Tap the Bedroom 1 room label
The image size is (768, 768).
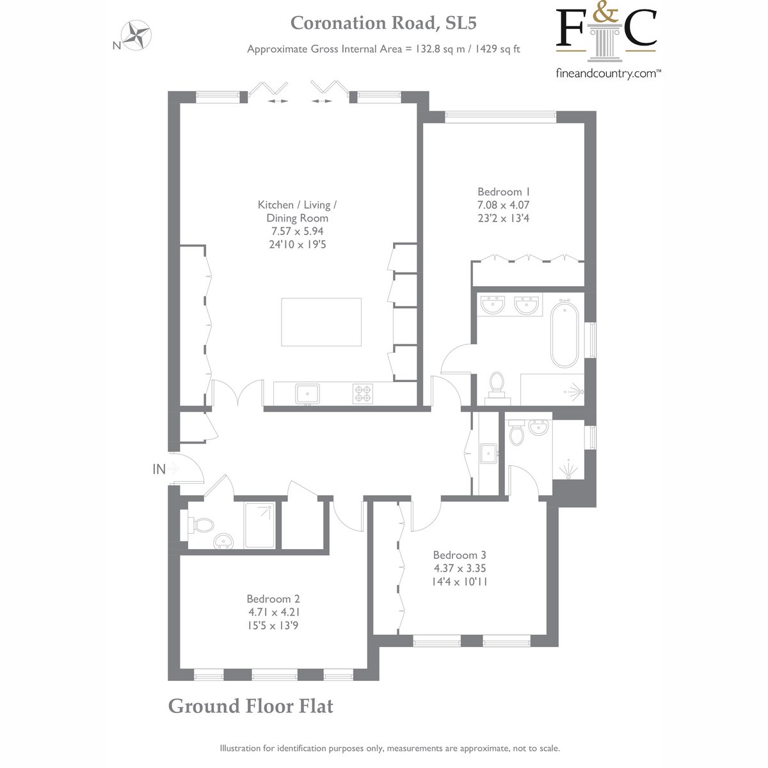click(x=504, y=192)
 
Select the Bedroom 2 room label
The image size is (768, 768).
click(x=273, y=598)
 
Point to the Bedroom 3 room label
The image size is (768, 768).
click(x=460, y=555)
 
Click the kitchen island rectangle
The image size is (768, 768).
click(x=321, y=322)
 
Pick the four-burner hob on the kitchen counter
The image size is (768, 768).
click(x=363, y=394)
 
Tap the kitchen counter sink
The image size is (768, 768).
click(x=307, y=394)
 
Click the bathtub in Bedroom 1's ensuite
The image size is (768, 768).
click(x=564, y=334)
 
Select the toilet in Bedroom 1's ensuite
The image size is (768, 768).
click(x=497, y=387)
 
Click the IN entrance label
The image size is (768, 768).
click(x=159, y=470)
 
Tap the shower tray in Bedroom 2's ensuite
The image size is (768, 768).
click(x=259, y=525)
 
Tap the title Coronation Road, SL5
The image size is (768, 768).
click(x=383, y=23)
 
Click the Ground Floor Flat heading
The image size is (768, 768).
click(x=250, y=706)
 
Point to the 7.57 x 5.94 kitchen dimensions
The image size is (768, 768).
click(x=298, y=231)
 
